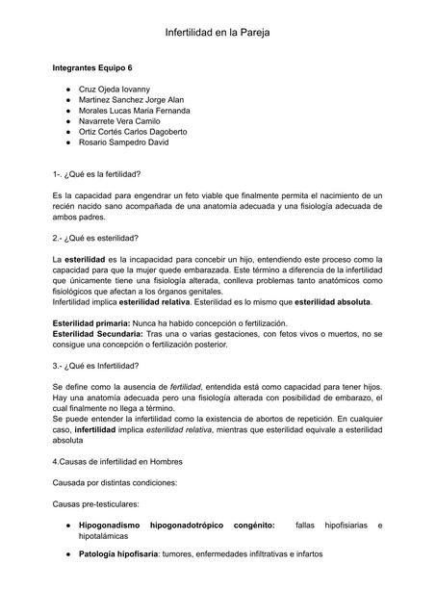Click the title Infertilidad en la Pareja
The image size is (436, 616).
[218, 33]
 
